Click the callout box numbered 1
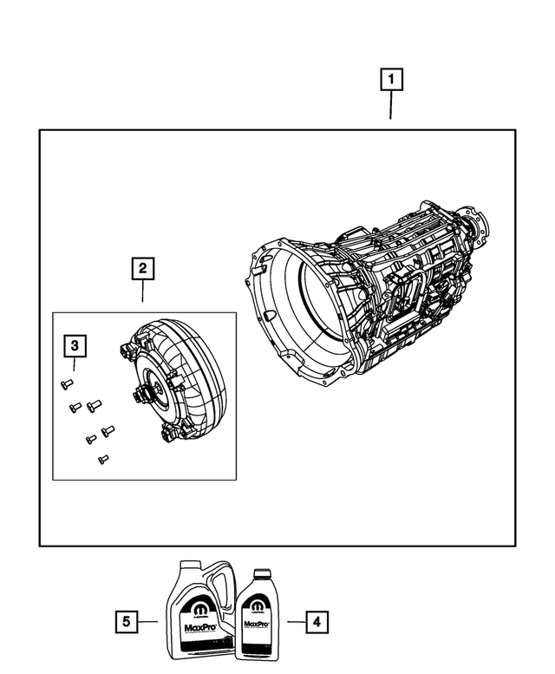coord(390,81)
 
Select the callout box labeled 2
coord(143,268)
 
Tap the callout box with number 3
coord(75,347)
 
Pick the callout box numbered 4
coord(317,621)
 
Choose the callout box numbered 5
coord(127,621)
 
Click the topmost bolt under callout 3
coord(67,384)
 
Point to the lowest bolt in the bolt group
coord(103,459)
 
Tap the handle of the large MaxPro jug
coord(222,586)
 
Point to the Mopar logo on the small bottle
coord(257,604)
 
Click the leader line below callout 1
coord(390,107)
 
